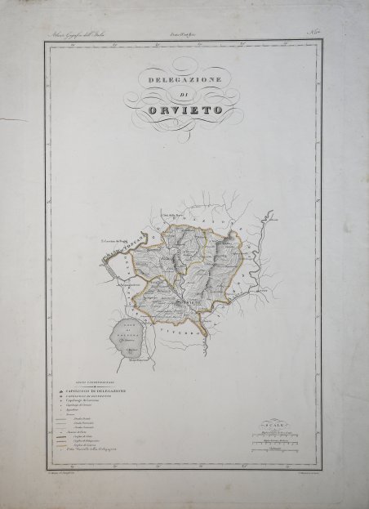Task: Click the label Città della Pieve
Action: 174,216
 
